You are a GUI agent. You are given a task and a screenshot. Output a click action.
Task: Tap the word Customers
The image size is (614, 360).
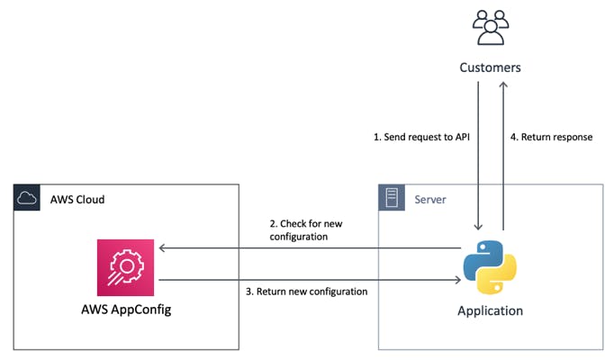490,67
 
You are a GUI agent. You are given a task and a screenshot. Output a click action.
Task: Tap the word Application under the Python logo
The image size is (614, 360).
490,311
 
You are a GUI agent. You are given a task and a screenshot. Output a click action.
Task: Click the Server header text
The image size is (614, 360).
430,197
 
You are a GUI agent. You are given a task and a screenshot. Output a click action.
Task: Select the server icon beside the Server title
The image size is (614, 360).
391,197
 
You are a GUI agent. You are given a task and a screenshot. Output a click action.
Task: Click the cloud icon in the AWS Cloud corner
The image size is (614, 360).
27,197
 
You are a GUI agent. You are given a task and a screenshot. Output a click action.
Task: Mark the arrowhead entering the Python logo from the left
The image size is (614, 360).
457,280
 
